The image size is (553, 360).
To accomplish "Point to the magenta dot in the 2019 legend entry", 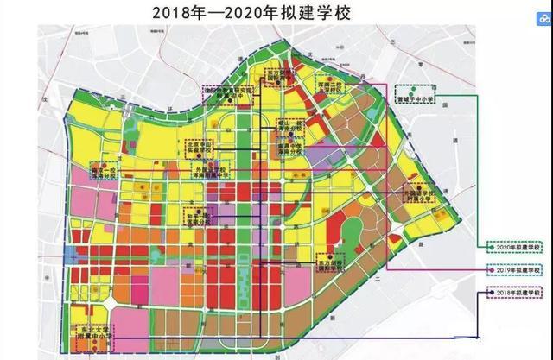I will [492, 270].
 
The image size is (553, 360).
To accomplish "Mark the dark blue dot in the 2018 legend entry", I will [492, 293].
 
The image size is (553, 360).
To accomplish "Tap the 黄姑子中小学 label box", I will [419, 93].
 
